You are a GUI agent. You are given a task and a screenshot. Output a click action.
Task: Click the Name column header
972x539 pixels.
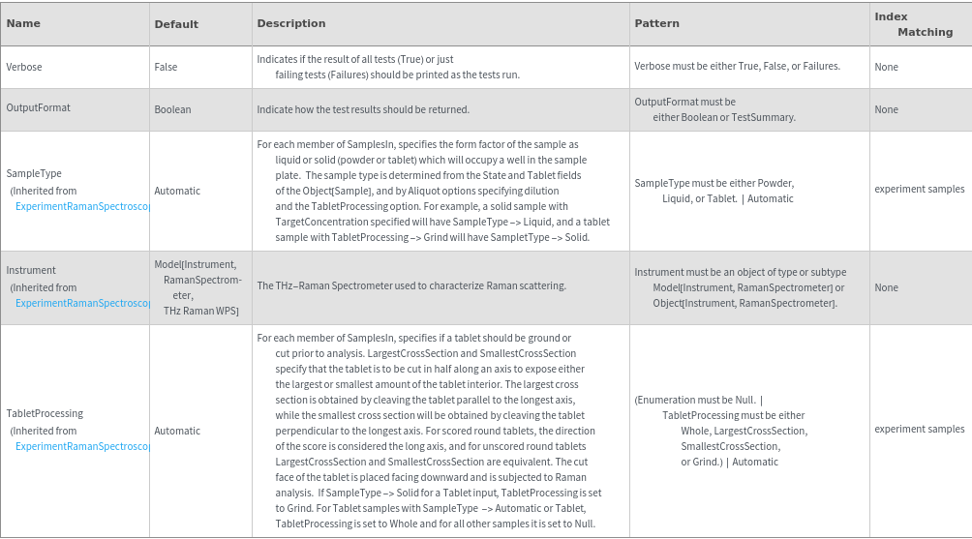[23, 23]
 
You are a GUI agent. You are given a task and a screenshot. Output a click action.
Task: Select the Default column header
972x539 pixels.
[176, 24]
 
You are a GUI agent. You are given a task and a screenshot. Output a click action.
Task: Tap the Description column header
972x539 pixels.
[291, 23]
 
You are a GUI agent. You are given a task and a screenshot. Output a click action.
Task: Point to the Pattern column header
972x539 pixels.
[656, 23]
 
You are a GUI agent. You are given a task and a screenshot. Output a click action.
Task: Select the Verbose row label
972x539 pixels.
[24, 67]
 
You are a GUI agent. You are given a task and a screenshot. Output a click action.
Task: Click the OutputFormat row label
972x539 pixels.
[39, 107]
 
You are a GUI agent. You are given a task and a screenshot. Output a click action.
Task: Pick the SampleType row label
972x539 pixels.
[34, 173]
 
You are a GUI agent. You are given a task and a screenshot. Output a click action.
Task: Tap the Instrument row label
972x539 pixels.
[31, 270]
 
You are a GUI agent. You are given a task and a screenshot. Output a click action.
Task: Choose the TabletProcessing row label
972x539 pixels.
[45, 413]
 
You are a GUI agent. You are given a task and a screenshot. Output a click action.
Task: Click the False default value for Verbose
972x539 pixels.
[166, 67]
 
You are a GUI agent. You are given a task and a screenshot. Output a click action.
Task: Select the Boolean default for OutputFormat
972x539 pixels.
[172, 109]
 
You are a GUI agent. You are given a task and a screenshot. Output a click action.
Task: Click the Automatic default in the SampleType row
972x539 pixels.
[177, 191]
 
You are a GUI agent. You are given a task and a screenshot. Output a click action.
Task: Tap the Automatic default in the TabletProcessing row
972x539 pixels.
[177, 431]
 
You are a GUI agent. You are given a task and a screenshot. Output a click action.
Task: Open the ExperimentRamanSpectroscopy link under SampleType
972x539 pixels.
[83, 206]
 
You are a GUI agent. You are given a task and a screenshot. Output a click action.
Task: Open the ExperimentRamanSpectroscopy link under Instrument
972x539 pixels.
[83, 303]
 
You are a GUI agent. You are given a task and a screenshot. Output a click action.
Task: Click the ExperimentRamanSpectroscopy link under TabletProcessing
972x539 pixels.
[83, 446]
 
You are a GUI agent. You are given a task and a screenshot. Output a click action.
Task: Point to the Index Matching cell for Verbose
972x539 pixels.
[886, 67]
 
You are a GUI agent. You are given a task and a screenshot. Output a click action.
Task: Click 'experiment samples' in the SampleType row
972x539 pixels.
[919, 189]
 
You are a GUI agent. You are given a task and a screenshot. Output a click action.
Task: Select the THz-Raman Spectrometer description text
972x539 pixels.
[411, 285]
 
